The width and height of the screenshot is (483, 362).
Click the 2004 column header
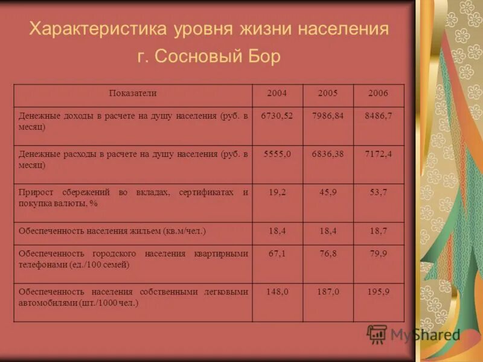click(x=277, y=94)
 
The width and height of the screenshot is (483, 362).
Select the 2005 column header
click(x=327, y=94)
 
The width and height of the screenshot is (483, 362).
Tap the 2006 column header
click(x=378, y=94)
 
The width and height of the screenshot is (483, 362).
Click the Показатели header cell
click(x=133, y=94)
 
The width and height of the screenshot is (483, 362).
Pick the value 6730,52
click(x=277, y=116)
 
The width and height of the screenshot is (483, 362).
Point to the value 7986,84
click(x=328, y=116)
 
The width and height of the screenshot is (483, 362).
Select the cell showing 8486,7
click(x=379, y=116)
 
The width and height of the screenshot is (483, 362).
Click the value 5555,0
click(x=277, y=154)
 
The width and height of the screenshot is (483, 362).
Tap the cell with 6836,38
click(x=328, y=154)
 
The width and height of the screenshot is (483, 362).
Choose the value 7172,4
click(x=379, y=154)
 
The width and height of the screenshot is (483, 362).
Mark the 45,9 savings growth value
click(x=328, y=192)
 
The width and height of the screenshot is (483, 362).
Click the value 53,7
click(x=379, y=192)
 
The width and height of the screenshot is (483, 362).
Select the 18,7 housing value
click(x=379, y=231)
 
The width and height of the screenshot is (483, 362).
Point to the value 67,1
click(x=277, y=254)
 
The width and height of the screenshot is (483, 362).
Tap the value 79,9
click(x=379, y=254)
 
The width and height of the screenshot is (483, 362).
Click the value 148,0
click(x=277, y=292)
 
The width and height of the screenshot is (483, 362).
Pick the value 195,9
click(x=379, y=292)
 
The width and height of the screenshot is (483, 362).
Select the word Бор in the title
click(x=264, y=57)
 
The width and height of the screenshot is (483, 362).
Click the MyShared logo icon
click(x=377, y=334)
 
